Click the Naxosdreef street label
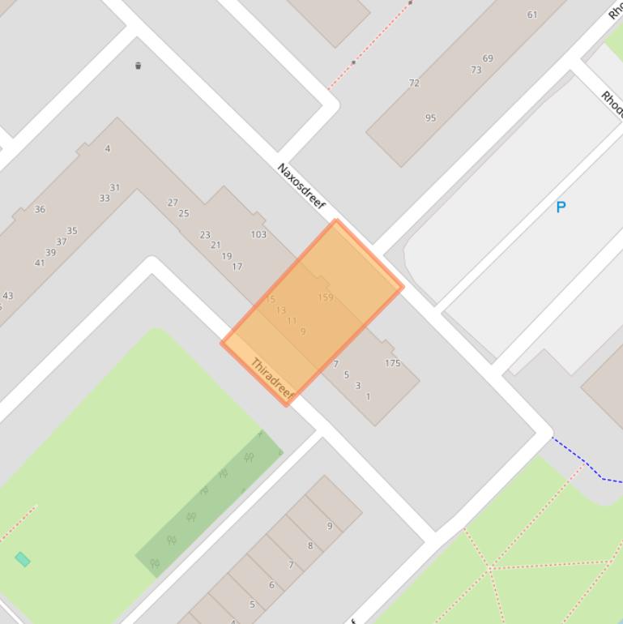301,186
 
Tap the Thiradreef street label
271,377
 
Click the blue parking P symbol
561,207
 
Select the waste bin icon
139,66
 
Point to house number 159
326,297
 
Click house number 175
393,363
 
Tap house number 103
258,234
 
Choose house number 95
430,118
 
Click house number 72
414,83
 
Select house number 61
532,15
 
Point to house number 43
8,296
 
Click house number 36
40,209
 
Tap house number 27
173,203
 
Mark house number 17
237,266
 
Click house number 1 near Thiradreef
369,396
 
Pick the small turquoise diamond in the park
23,559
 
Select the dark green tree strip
210,502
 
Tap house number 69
488,58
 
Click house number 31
115,187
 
